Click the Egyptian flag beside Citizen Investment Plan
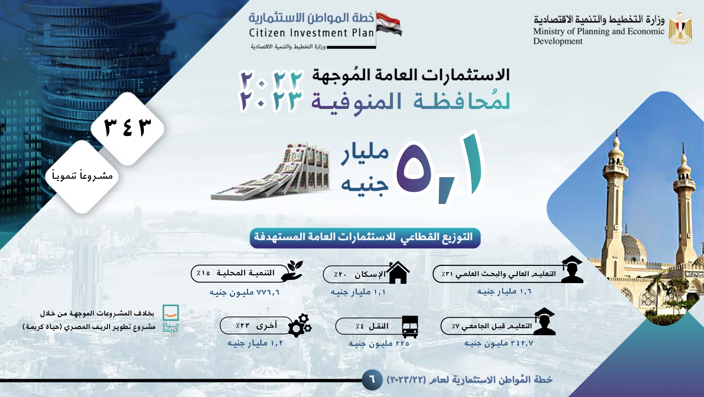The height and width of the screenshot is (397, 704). tap(389, 24)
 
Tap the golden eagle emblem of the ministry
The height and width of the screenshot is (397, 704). tap(680, 28)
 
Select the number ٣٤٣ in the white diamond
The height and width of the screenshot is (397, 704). tap(127, 128)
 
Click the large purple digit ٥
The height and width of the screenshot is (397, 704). tap(414, 168)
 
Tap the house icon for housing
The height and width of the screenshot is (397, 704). tap(398, 272)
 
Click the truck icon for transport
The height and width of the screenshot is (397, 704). tap(410, 326)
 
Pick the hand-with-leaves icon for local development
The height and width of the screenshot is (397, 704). tap(292, 271)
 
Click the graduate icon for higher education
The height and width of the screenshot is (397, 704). tap(572, 269)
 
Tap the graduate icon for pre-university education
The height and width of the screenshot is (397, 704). tap(544, 321)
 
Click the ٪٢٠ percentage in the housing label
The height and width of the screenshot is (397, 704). tap(340, 274)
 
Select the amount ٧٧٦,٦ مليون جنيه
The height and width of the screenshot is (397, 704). tap(244, 292)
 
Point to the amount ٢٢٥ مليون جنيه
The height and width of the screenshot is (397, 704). tap(379, 343)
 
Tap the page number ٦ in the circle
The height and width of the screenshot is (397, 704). tap(372, 380)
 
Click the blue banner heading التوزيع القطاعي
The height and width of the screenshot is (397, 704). tap(365, 238)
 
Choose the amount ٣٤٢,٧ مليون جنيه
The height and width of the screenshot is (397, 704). tap(498, 343)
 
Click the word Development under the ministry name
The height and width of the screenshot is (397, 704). tap(558, 41)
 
